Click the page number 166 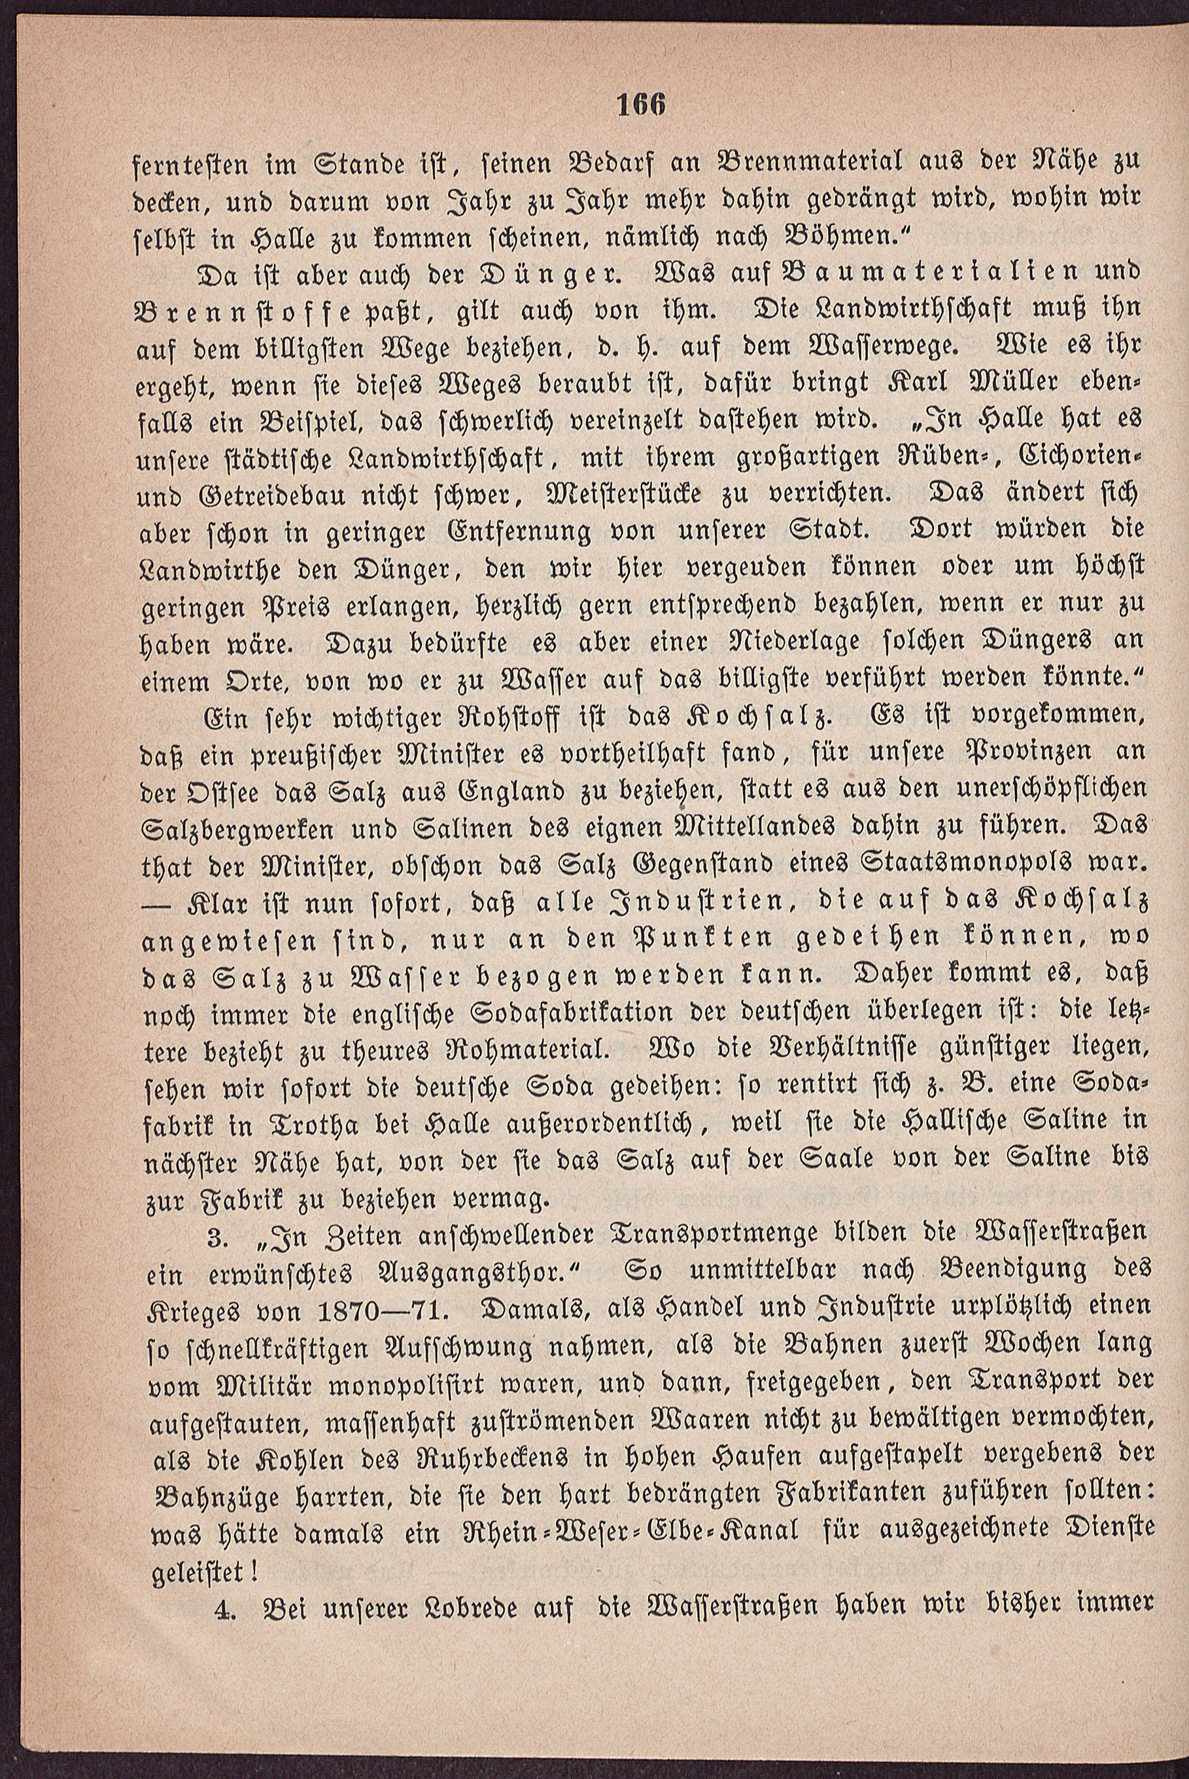click(x=642, y=104)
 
